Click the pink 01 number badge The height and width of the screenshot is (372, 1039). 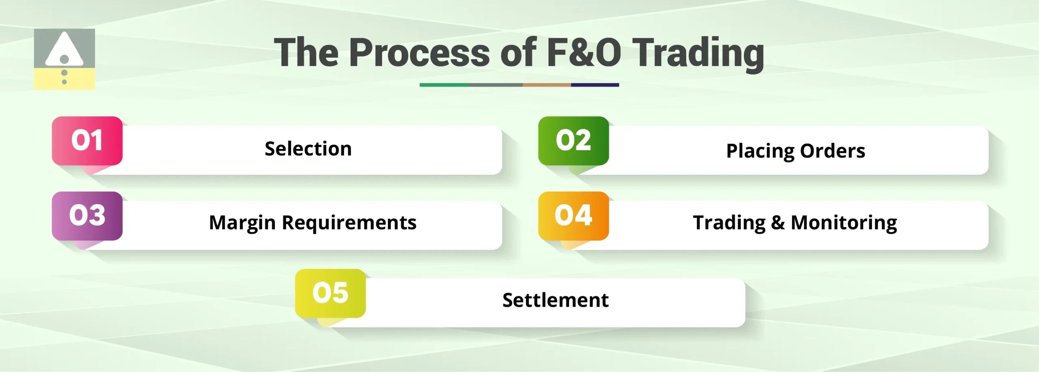click(87, 141)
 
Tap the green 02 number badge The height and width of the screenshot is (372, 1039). click(573, 141)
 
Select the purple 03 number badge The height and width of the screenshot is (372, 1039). click(87, 215)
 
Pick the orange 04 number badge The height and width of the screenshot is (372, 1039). click(573, 215)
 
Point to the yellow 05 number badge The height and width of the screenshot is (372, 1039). click(330, 293)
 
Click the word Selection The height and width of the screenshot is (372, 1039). click(308, 149)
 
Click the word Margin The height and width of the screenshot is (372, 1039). click(242, 223)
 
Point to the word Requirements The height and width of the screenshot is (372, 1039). click(349, 223)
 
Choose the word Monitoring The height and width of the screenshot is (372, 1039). click(844, 223)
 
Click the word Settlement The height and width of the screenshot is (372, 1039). click(555, 301)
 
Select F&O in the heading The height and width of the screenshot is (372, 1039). click(584, 53)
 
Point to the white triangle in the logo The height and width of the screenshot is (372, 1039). click(64, 50)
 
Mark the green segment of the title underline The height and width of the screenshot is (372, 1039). click(443, 85)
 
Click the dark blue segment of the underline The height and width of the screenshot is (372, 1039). click(595, 85)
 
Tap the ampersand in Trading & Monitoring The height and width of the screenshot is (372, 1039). click(778, 223)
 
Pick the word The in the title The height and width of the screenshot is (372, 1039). click(306, 53)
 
